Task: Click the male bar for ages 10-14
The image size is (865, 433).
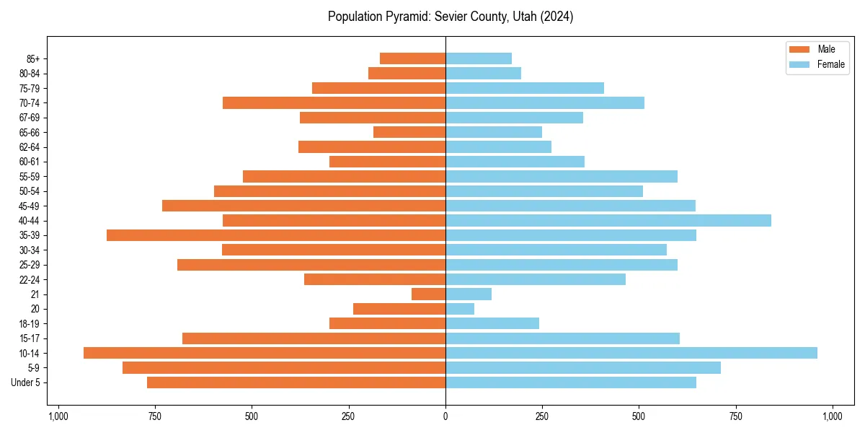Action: click(265, 353)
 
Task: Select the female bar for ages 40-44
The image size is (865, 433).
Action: click(608, 220)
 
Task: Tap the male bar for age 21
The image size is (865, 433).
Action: click(428, 294)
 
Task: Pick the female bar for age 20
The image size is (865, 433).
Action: click(460, 309)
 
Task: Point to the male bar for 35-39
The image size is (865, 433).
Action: click(276, 235)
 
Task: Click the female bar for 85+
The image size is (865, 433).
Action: click(479, 58)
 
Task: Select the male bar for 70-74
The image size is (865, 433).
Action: click(334, 102)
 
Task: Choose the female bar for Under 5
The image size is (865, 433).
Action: click(571, 382)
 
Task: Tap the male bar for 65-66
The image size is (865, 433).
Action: click(409, 132)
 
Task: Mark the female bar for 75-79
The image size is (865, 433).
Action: click(525, 88)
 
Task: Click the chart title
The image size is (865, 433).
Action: click(451, 17)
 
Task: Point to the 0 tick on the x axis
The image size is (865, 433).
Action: click(445, 416)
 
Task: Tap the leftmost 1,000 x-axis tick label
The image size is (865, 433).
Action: click(58, 416)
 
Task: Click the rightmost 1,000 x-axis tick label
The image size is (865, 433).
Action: click(833, 416)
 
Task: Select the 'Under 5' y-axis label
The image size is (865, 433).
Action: click(25, 382)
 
